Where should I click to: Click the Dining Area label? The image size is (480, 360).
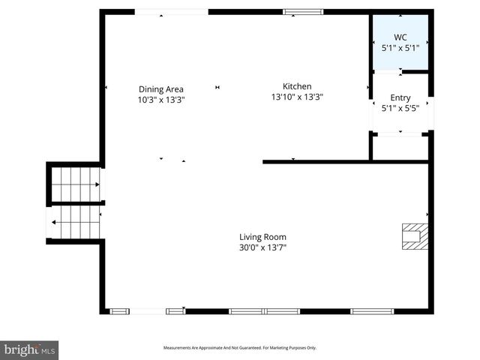click(160, 89)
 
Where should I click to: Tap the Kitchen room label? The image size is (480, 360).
click(296, 86)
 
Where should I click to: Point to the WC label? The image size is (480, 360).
click(400, 37)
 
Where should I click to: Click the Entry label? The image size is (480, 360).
click(400, 98)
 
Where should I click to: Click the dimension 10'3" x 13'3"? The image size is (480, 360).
click(160, 99)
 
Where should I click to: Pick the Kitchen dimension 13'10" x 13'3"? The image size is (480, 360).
click(296, 96)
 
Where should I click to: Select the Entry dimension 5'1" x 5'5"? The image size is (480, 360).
click(400, 107)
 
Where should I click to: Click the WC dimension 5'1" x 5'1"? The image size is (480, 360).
click(400, 47)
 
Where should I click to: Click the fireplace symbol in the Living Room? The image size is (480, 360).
click(413, 235)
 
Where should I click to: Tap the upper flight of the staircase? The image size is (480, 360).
click(75, 184)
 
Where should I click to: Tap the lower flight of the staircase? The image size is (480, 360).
click(75, 222)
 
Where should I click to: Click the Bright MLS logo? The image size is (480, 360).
click(29, 350)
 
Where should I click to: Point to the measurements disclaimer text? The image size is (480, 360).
click(240, 348)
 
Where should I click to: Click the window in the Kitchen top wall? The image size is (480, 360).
click(303, 11)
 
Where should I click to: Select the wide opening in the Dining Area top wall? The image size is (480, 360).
click(171, 11)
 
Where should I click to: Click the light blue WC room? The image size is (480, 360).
click(400, 42)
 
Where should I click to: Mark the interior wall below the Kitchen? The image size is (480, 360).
click(345, 161)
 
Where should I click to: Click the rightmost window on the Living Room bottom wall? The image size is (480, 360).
click(372, 310)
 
